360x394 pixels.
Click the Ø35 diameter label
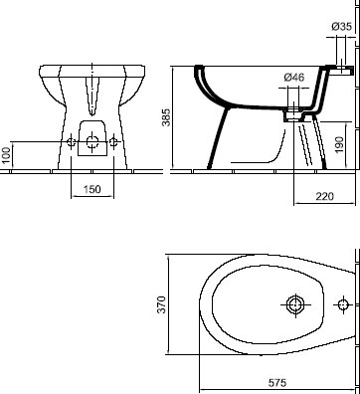coord(341,26)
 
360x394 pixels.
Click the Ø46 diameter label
coord(294,78)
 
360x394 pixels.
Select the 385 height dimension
coord(166,117)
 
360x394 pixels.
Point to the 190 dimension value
coord(339,144)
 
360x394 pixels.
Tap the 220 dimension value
coord(324,196)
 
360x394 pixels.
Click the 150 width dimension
coord(91,189)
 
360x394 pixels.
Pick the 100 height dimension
coord(6,155)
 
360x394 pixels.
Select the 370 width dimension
coord(161,304)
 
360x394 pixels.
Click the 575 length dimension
coord(277,383)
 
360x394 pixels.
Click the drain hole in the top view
coord(295,304)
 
